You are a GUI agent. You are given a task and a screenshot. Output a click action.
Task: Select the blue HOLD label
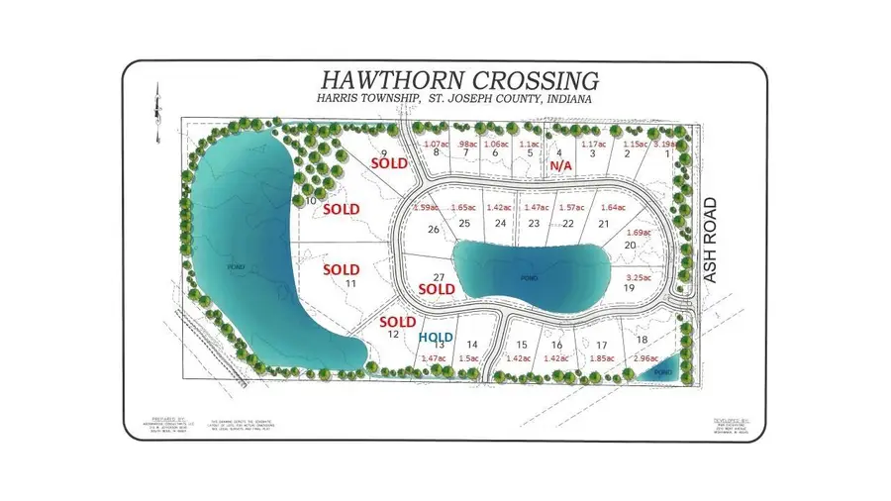click(435, 338)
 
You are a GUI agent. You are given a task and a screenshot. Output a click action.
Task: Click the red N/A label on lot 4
click(562, 167)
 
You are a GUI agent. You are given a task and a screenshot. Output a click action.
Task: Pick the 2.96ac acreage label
click(642, 357)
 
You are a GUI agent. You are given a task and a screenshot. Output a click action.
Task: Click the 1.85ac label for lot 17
click(601, 357)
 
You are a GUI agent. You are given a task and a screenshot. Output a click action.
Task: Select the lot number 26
click(432, 230)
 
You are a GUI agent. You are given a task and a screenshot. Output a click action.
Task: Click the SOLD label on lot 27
click(437, 289)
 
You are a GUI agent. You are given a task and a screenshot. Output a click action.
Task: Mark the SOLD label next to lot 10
click(341, 209)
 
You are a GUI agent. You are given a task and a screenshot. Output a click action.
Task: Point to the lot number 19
click(628, 288)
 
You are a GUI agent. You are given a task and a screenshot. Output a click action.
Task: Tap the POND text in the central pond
click(530, 279)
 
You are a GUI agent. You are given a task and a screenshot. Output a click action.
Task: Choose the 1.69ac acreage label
click(641, 232)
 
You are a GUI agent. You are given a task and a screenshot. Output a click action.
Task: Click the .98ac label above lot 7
click(466, 144)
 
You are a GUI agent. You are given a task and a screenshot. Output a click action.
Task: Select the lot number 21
click(602, 224)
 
